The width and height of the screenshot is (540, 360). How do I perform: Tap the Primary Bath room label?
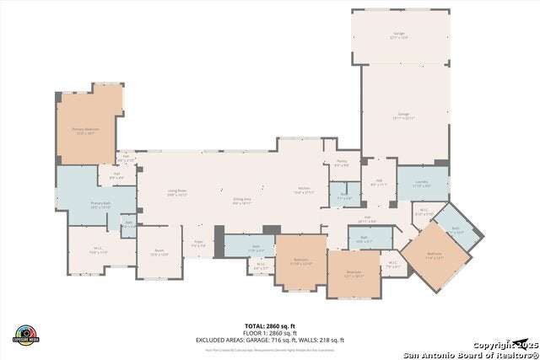(x=101, y=205)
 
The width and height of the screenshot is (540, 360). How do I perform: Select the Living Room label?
(x=176, y=192)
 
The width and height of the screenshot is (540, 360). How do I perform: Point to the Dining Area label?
(x=243, y=201)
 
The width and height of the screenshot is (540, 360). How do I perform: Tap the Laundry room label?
(x=423, y=183)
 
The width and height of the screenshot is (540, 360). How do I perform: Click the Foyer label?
(x=199, y=244)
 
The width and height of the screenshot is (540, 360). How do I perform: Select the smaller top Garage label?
(x=399, y=35)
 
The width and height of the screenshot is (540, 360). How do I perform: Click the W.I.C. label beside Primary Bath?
(x=99, y=250)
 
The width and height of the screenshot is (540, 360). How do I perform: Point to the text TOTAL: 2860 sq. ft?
(x=270, y=325)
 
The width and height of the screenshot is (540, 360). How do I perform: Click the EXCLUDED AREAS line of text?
(x=270, y=339)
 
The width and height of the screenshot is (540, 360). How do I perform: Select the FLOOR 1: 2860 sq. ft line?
(x=270, y=332)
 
